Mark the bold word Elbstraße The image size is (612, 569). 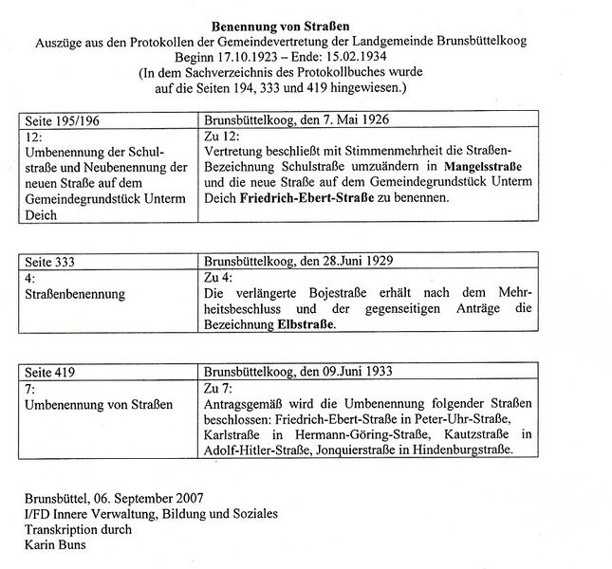coord(306,322)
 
